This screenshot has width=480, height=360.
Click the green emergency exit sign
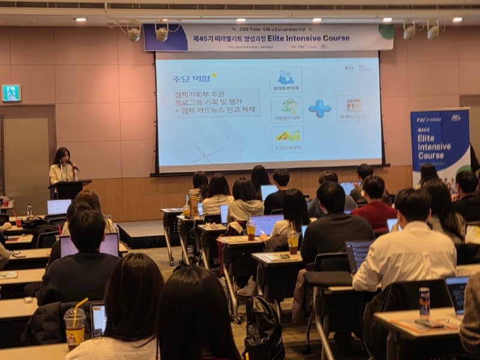pyautogui.click(x=11, y=92)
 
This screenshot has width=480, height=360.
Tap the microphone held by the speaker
pyautogui.click(x=73, y=164)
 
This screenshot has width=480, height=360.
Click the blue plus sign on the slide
pyautogui.click(x=319, y=109)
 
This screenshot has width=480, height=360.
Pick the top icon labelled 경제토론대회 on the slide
pyautogui.click(x=286, y=80)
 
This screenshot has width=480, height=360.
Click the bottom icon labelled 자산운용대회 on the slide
pyautogui.click(x=287, y=138)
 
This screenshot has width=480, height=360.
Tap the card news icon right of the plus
pyautogui.click(x=352, y=109)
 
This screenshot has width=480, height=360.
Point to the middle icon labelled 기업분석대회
pyautogui.click(x=287, y=109)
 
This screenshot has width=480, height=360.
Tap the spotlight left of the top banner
pyautogui.click(x=133, y=34)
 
